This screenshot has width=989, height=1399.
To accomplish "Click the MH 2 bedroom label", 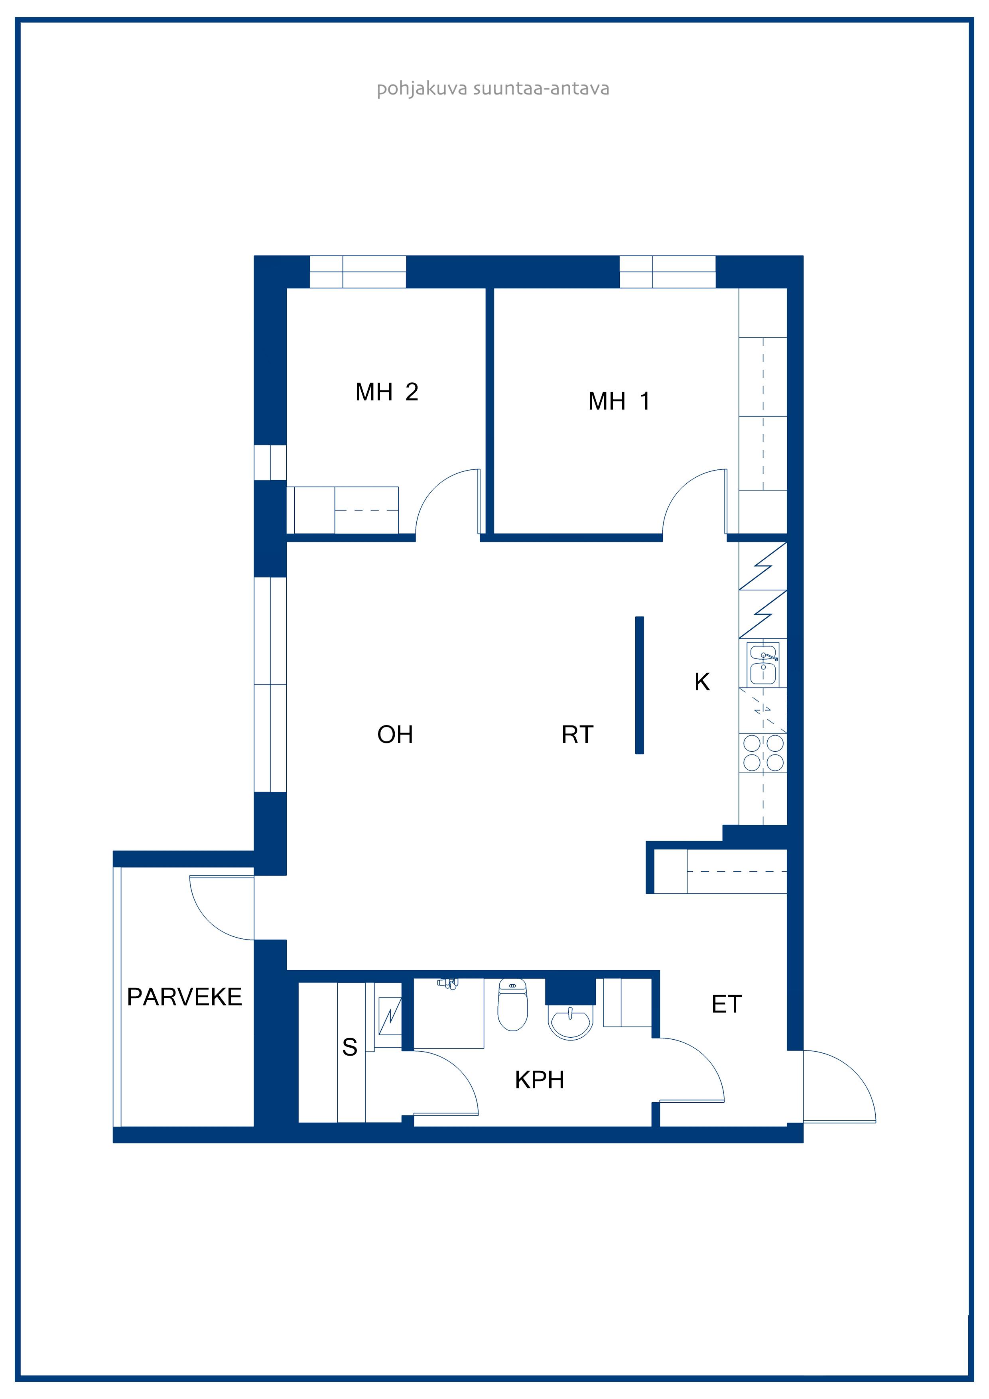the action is click(x=387, y=392).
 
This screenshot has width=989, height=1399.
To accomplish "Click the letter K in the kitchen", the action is click(x=702, y=682).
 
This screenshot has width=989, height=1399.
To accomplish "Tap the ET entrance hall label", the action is click(x=726, y=1004).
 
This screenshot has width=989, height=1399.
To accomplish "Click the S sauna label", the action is click(x=350, y=1047).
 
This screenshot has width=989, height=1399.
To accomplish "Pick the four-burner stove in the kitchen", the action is click(x=763, y=753).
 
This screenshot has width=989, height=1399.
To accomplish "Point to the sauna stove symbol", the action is click(x=390, y=1016).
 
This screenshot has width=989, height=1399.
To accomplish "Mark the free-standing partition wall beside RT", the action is click(x=639, y=685).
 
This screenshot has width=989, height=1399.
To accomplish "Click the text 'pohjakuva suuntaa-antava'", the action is click(x=493, y=89).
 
